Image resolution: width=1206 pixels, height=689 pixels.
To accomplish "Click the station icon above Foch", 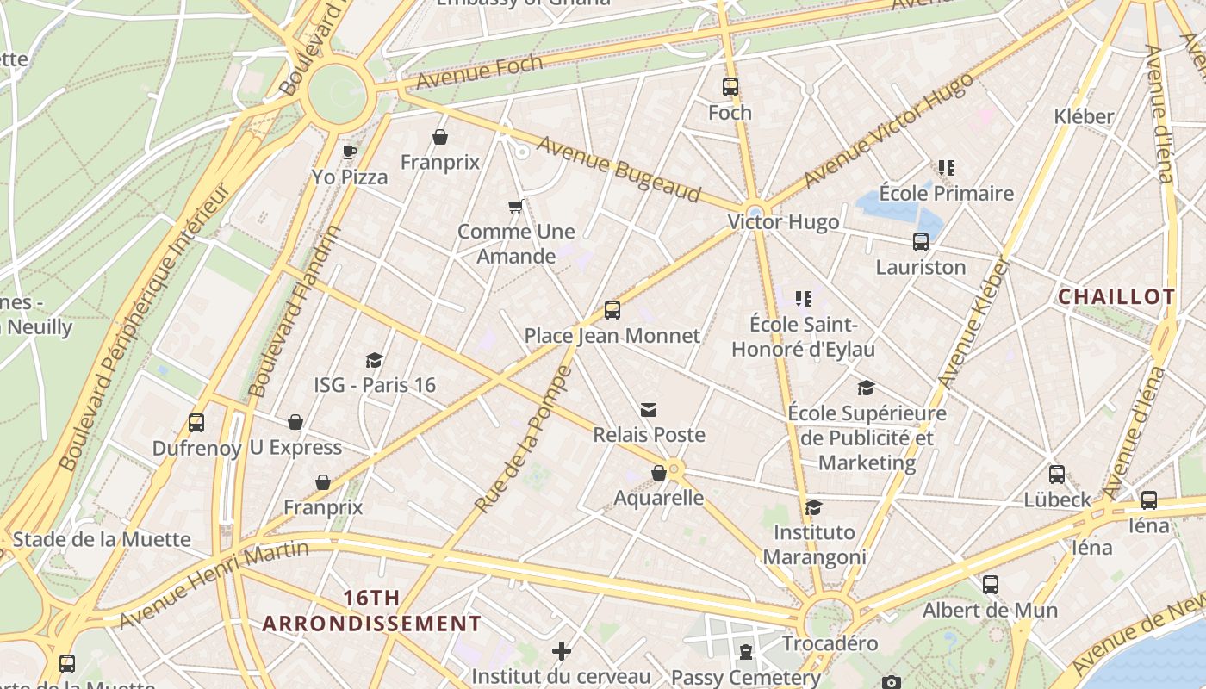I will point(730,87).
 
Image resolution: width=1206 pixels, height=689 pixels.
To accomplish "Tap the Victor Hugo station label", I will point(783,222).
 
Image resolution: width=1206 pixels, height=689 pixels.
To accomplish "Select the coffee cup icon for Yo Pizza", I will point(349,152).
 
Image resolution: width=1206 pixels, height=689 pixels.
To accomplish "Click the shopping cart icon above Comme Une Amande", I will point(516,206).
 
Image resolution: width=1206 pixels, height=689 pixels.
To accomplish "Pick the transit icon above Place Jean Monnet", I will point(612,310).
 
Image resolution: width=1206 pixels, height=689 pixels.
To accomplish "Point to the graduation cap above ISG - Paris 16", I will point(374,360).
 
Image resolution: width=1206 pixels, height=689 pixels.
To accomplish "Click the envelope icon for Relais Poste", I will point(649,410).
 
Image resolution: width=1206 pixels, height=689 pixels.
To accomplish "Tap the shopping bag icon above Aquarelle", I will point(659,473).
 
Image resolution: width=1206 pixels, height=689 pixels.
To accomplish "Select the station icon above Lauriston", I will point(921,242).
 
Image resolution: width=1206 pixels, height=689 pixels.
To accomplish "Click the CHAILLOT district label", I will point(1116,297).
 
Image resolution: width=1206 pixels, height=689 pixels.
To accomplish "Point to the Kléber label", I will point(1084,116).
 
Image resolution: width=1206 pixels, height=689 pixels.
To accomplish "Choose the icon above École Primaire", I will point(947,168).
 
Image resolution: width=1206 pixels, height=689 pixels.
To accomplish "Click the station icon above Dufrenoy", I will point(196,423).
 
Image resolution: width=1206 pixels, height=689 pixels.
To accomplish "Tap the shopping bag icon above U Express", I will point(295,422).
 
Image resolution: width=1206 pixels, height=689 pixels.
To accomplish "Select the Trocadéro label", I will point(830,643).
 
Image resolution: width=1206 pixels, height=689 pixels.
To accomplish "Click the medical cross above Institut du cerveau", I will point(562,651).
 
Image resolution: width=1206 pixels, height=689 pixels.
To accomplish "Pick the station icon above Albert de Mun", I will point(991,585).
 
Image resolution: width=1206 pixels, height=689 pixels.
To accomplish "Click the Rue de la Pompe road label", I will point(523,439).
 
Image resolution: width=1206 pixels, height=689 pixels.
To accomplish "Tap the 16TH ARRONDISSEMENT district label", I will point(372,611).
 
